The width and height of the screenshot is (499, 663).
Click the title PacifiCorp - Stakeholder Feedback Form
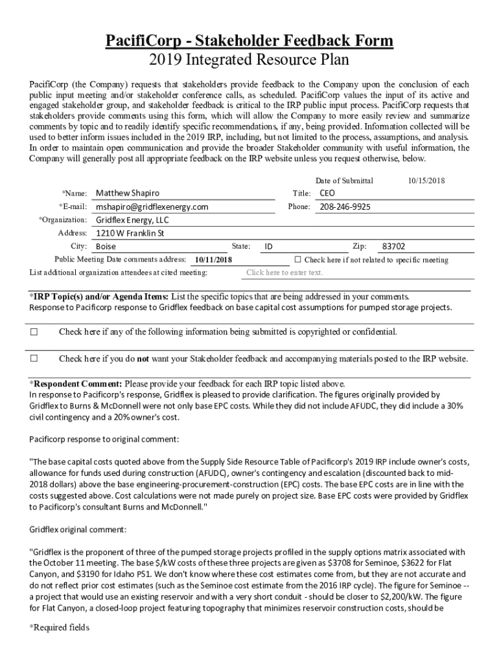[250, 41]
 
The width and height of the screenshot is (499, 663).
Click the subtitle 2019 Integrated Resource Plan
[250, 60]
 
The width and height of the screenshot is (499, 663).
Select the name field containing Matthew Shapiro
[128, 193]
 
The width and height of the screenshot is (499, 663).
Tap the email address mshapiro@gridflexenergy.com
[152, 207]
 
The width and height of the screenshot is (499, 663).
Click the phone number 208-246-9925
[345, 207]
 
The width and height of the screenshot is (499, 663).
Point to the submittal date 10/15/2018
[426, 181]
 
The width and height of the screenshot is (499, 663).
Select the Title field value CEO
[327, 193]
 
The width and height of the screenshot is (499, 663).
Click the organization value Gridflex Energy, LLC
[132, 220]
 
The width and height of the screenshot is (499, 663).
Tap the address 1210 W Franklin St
[130, 233]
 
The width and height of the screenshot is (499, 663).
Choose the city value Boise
[106, 247]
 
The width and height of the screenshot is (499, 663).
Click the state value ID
[268, 247]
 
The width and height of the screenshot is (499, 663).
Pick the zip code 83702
[394, 247]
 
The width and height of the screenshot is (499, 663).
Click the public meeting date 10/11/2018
[213, 260]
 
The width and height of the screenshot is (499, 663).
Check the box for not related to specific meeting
[297, 260]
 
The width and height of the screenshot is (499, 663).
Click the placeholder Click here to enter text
[284, 273]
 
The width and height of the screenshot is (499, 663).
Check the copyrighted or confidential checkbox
[34, 332]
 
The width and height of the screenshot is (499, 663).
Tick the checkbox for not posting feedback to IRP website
[34, 358]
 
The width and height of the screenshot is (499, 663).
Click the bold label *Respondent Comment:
[76, 383]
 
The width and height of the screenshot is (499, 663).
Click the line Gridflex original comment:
[78, 529]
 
